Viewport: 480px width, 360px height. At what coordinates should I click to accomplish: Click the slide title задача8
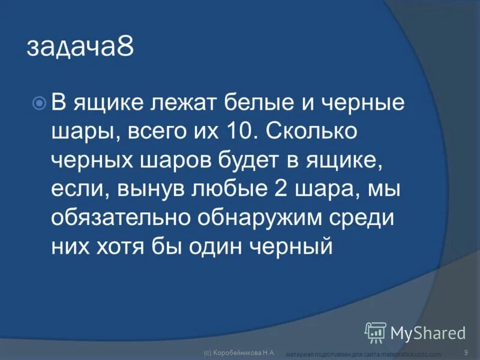(80, 47)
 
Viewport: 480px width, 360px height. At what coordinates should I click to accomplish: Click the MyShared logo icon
(376, 332)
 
